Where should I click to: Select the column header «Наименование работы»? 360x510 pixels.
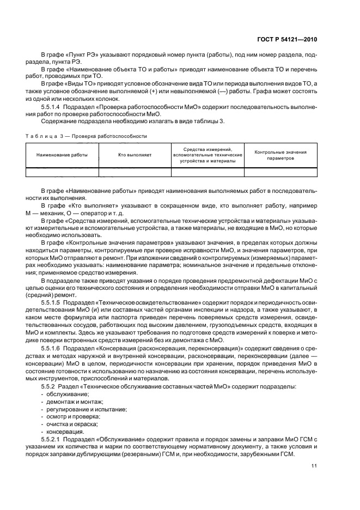pos(62,155)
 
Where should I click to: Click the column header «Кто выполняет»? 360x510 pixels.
pos(135,155)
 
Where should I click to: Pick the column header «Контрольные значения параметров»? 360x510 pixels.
pos(280,155)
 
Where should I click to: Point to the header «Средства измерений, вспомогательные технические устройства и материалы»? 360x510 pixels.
pos(208,155)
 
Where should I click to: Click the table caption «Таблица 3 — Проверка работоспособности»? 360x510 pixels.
pos(86,136)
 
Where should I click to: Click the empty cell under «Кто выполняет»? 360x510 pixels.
pos(135,172)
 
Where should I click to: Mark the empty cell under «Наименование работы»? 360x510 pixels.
pos(62,172)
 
